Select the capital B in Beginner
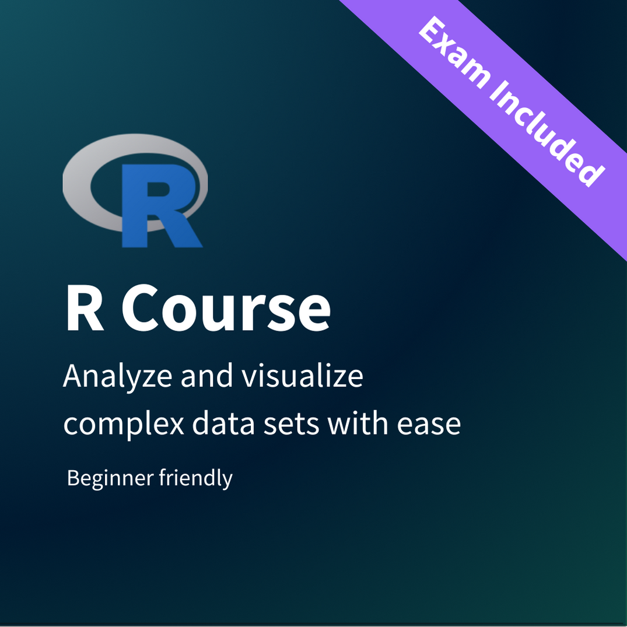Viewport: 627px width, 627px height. point(73,478)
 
